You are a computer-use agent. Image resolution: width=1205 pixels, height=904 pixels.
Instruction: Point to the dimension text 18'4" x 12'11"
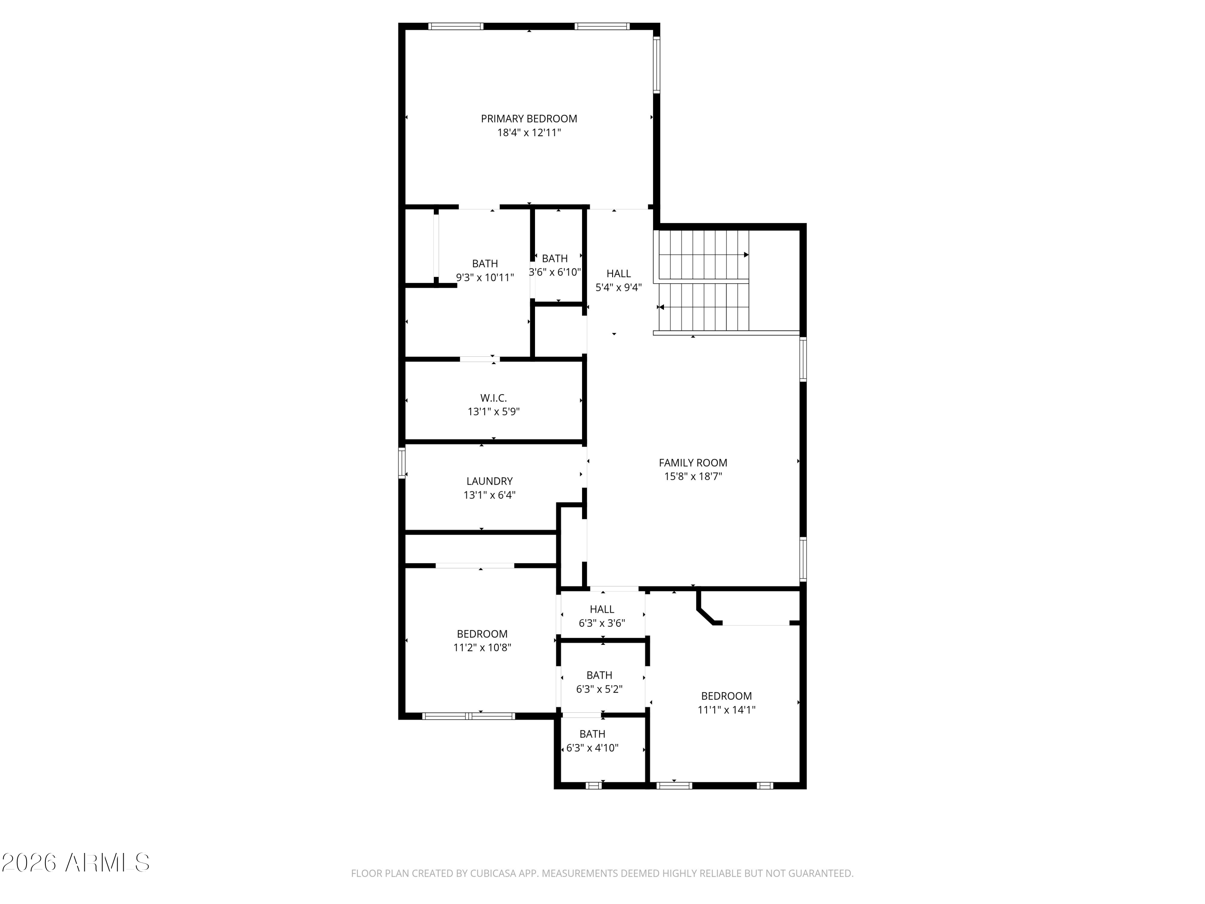[529, 133]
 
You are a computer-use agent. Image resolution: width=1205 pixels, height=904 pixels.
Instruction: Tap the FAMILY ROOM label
[692, 462]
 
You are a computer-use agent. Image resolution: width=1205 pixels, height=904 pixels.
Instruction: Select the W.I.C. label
[493, 398]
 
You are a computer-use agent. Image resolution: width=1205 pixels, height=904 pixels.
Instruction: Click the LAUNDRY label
[489, 481]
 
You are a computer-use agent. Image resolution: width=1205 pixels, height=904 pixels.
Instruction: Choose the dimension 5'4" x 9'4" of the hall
[618, 288]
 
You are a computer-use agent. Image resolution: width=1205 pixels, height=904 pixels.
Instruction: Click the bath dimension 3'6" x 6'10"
[555, 272]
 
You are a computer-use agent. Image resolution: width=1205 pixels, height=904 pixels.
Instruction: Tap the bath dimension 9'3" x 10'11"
[485, 277]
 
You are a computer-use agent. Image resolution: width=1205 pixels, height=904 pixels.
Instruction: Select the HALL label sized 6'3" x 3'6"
[601, 609]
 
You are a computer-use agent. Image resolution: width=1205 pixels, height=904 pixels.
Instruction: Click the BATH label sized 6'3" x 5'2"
[599, 675]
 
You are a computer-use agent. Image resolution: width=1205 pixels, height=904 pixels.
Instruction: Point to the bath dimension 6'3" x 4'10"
[592, 748]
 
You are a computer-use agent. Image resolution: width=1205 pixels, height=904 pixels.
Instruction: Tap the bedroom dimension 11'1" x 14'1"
[726, 710]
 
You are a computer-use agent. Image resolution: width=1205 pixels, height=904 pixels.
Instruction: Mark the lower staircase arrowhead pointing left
[661, 307]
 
